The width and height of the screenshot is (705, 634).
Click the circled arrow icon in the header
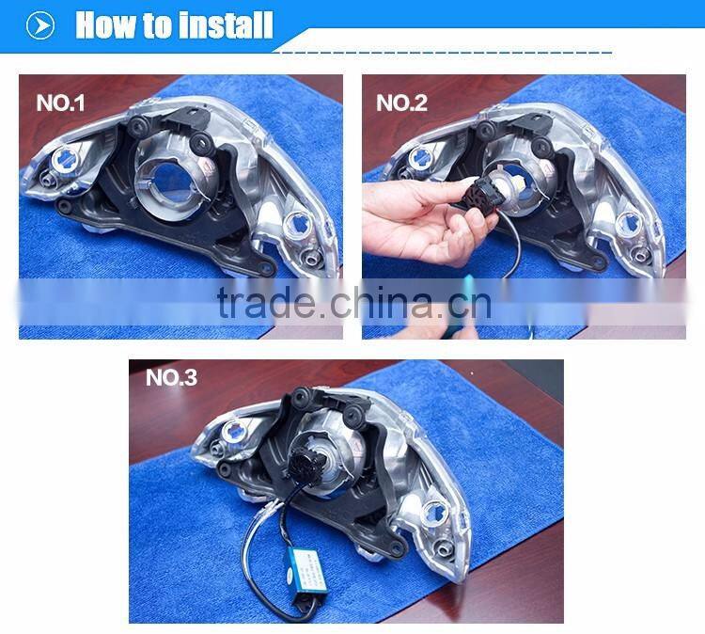(40, 25)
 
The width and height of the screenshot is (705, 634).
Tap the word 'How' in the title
(105, 25)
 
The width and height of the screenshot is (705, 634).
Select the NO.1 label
(60, 103)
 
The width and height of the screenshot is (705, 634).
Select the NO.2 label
(401, 103)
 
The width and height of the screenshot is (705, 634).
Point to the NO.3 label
(171, 378)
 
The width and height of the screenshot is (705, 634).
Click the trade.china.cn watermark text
(354, 302)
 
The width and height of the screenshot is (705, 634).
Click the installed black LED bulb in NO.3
(305, 460)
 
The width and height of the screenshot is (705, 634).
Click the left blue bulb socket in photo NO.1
(64, 158)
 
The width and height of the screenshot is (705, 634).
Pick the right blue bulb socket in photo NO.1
(296, 223)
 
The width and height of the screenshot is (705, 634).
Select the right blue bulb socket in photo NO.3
(435, 513)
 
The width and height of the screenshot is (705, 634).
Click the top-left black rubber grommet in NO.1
(137, 125)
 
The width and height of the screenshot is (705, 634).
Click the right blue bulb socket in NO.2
(630, 224)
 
